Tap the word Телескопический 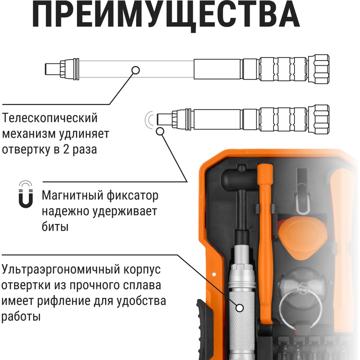pyautogui.click(x=50, y=118)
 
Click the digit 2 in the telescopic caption pyautogui.click(x=66, y=149)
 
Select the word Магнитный pyautogui.click(x=73, y=195)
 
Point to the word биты pyautogui.click(x=55, y=226)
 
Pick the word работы pyautogui.click(x=21, y=316)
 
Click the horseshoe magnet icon pyautogui.click(x=26, y=194)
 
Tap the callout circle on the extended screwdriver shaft pyautogui.click(x=136, y=70)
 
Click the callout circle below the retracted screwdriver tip pyautogui.click(x=160, y=131)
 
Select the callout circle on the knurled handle pyautogui.click(x=240, y=308)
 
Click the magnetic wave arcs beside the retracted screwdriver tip pyautogui.click(x=149, y=120)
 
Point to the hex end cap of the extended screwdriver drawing pyautogui.click(x=319, y=69)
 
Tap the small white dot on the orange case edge pyautogui.click(x=214, y=274)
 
